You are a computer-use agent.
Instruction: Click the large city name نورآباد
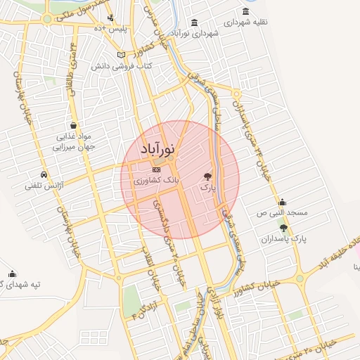tap(159, 148)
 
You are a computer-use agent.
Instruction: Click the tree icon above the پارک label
tap(207, 176)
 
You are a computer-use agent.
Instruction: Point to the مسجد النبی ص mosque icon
tap(282, 202)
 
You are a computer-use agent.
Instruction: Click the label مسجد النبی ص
tap(282, 212)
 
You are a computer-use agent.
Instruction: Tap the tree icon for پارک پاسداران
tap(283, 228)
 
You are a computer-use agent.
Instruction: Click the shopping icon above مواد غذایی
tap(74, 125)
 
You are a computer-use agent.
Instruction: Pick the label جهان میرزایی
tap(74, 148)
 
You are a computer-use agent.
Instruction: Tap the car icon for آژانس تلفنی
tap(44, 174)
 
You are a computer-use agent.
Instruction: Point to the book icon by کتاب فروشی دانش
tap(121, 54)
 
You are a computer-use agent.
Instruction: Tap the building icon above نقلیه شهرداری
tap(245, 11)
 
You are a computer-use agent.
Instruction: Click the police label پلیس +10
tap(114, 28)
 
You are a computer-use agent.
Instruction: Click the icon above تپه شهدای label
tap(12, 274)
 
